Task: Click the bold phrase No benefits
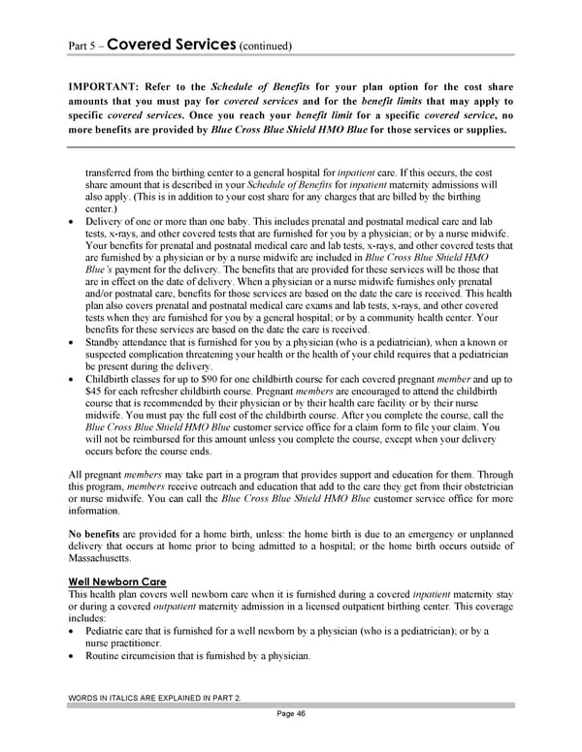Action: point(95,534)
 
